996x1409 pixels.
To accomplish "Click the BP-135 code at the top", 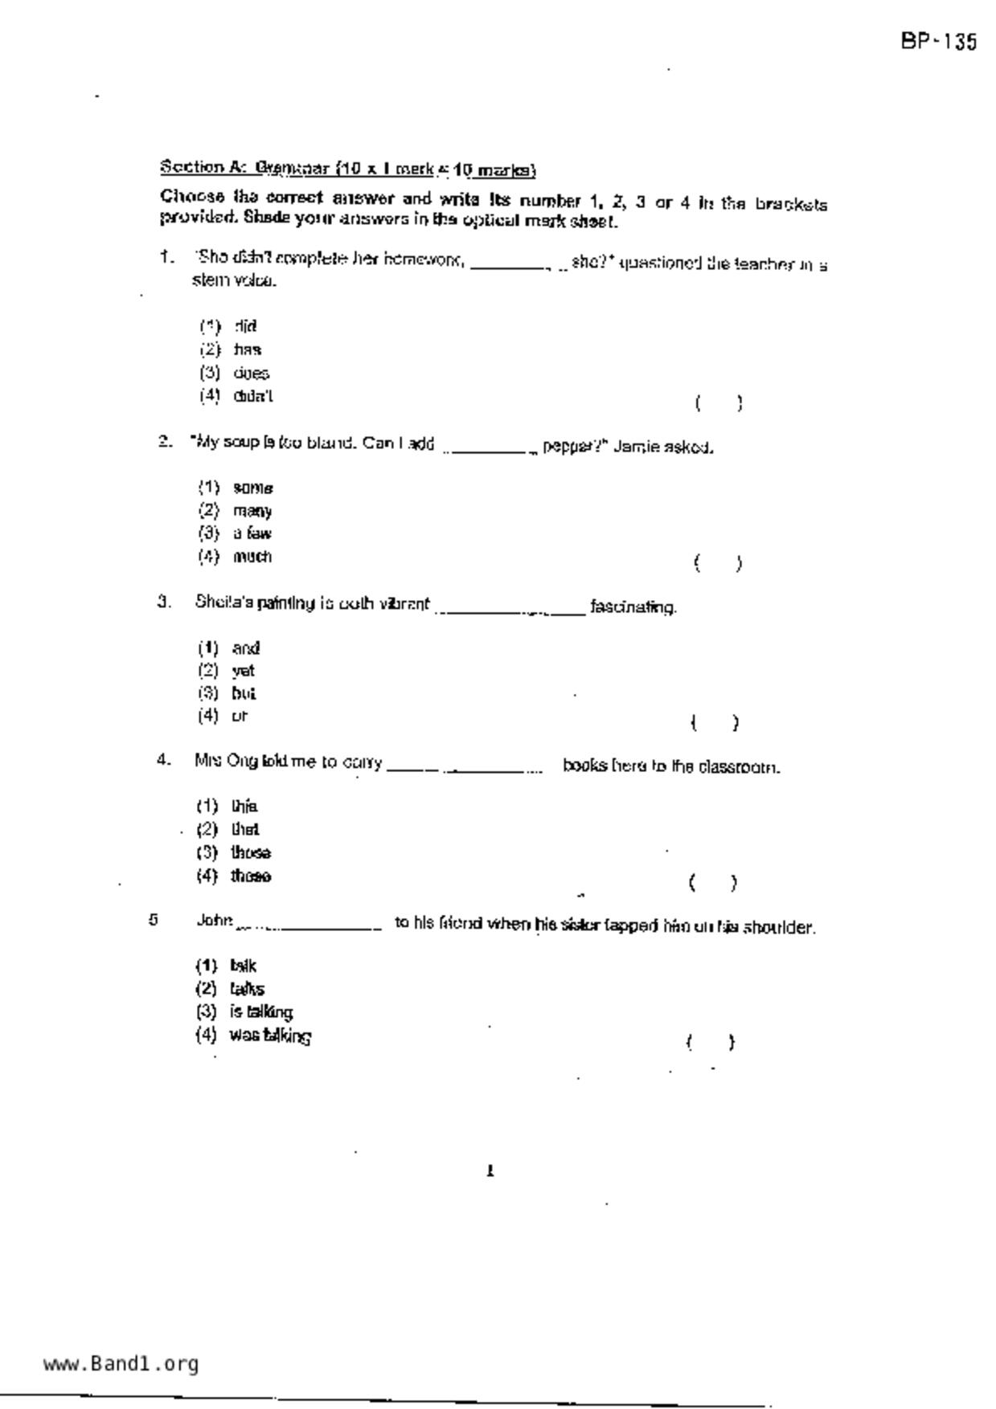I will (x=938, y=42).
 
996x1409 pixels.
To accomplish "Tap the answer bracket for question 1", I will (x=718, y=403).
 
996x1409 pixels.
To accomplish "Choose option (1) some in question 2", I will (x=252, y=488).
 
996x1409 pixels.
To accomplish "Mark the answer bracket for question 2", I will (x=717, y=563).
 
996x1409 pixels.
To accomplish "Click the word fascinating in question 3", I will (x=633, y=607).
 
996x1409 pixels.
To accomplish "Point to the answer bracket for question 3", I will (x=714, y=723).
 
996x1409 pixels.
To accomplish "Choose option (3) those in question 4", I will (x=250, y=852).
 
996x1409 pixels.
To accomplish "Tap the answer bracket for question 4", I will (x=712, y=884).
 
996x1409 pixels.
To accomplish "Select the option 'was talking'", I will (x=270, y=1035).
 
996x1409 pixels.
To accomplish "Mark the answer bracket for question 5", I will (x=710, y=1043).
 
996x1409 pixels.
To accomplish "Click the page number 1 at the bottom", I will (x=490, y=1171).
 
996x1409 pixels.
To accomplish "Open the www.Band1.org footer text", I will (x=121, y=1363).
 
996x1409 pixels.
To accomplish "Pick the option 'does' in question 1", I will (x=251, y=374).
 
